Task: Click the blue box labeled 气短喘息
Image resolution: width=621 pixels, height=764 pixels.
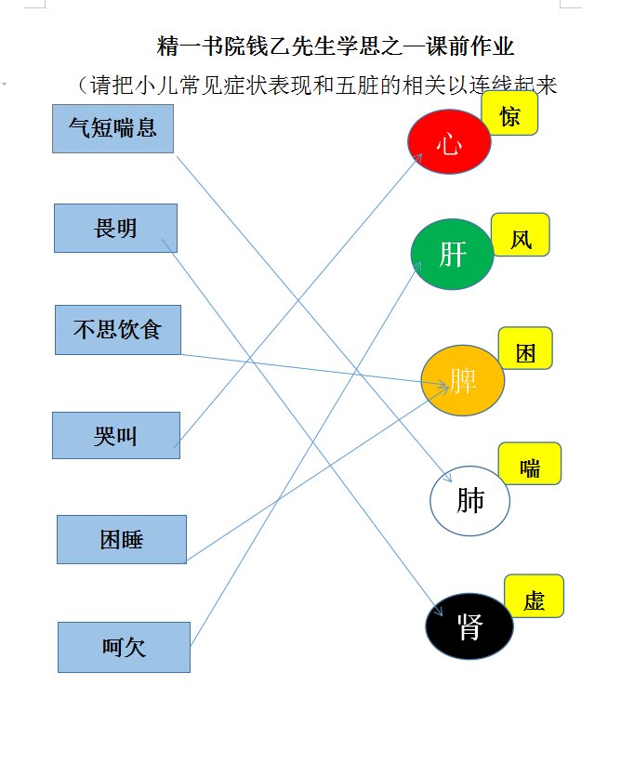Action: point(113,128)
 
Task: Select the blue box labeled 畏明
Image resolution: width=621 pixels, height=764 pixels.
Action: point(115,228)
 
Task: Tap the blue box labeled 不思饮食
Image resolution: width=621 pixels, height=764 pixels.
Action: point(118,330)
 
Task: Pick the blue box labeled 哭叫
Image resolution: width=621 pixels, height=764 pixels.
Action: point(116,436)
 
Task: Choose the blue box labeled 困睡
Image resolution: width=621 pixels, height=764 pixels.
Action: point(122,539)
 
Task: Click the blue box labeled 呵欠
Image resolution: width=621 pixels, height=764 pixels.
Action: point(124,647)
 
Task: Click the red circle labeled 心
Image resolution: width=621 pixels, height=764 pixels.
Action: point(449,142)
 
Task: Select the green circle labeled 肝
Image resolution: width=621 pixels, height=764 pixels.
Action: point(453,255)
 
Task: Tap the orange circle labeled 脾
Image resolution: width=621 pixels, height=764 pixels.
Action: point(463,380)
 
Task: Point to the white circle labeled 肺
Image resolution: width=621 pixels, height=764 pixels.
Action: point(469,501)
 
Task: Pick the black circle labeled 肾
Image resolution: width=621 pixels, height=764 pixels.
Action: point(469,626)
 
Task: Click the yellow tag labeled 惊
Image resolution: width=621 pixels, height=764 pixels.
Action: point(509,114)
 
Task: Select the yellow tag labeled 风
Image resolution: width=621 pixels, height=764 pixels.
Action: point(521,235)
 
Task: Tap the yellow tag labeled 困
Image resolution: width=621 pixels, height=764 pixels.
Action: point(525,349)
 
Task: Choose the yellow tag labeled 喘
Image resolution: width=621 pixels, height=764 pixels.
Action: point(530,464)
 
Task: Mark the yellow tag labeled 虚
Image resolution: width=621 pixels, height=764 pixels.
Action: point(535,596)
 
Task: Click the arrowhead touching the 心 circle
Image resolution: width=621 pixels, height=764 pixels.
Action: point(418,157)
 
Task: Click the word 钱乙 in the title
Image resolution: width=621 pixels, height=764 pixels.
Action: point(269,46)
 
